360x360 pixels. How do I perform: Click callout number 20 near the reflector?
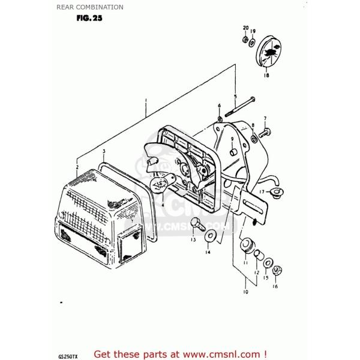[245, 28]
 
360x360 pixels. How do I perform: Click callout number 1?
[145, 101]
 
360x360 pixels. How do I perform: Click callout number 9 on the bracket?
[231, 139]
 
